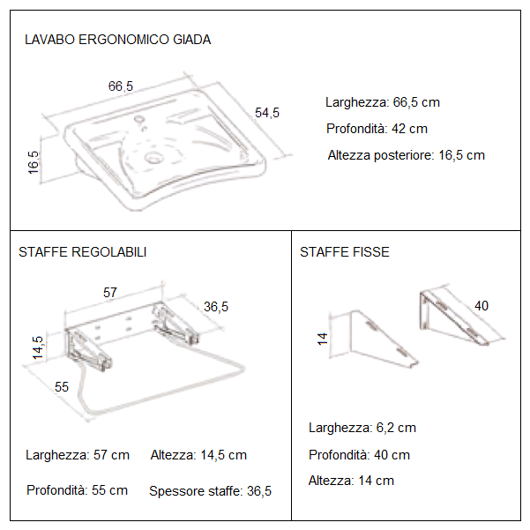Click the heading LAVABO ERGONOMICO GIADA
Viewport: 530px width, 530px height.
tap(117, 40)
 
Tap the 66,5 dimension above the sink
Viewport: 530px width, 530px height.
tap(121, 86)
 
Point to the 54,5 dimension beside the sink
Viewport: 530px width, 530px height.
tap(266, 112)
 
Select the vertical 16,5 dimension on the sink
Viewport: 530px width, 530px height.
tap(34, 162)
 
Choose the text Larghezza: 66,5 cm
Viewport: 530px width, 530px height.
tap(382, 102)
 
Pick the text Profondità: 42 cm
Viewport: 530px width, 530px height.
tap(377, 129)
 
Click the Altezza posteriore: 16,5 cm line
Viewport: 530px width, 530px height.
tap(406, 155)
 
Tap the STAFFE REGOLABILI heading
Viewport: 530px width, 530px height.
tap(83, 252)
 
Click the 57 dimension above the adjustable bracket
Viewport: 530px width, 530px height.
tap(111, 291)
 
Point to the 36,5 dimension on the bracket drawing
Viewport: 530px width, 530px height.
tap(216, 307)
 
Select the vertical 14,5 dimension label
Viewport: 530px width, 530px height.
tap(37, 346)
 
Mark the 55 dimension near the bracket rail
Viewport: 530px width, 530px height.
tap(62, 386)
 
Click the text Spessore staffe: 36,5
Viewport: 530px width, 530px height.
tap(210, 491)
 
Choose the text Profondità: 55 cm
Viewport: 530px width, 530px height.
tap(77, 490)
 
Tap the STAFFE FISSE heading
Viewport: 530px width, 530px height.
tap(344, 252)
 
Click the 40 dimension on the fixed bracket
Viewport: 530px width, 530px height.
tap(481, 306)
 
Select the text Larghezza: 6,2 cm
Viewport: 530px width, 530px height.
tap(362, 428)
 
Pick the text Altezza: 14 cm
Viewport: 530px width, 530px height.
tap(351, 481)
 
